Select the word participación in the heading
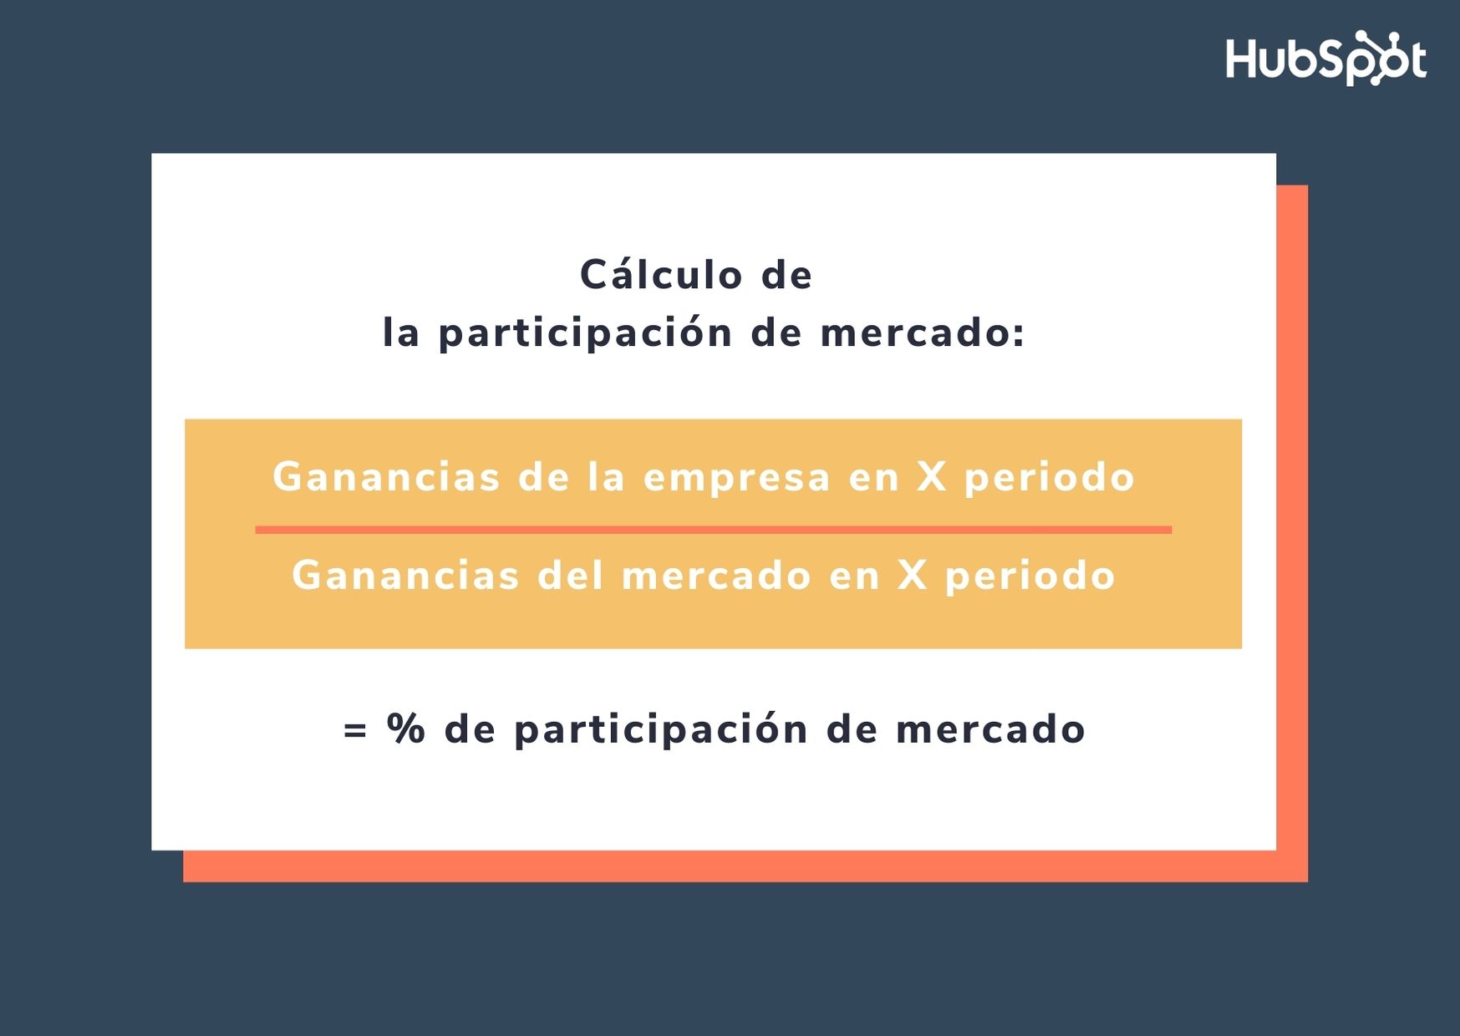click(585, 333)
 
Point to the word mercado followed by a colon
click(923, 333)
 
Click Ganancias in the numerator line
click(386, 477)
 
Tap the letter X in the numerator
click(932, 477)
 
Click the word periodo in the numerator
click(1050, 479)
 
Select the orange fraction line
click(713, 530)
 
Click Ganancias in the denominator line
click(405, 575)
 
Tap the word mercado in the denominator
click(716, 575)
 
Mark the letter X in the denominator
click(913, 575)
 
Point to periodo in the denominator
click(1030, 576)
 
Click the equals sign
click(355, 729)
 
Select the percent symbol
click(406, 729)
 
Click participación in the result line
click(661, 729)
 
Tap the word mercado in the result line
click(990, 729)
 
